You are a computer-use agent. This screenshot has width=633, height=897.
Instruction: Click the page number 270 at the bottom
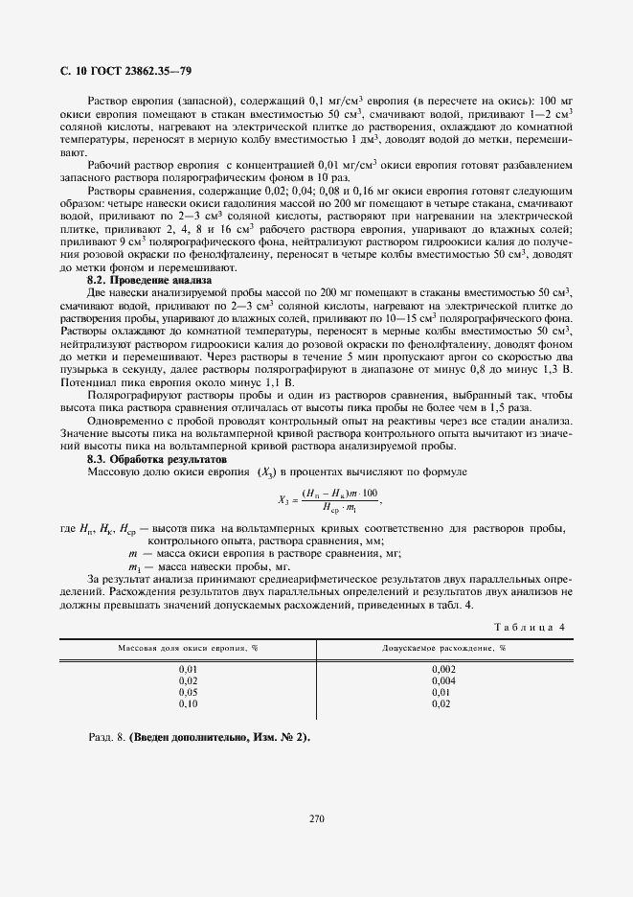point(317,818)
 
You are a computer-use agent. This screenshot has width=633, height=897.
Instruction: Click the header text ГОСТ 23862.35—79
point(129,71)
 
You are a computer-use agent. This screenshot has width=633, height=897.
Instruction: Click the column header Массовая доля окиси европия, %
point(188,649)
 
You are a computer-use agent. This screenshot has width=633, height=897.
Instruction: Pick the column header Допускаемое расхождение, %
point(443,649)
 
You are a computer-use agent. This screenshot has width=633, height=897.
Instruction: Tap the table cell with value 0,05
point(188,691)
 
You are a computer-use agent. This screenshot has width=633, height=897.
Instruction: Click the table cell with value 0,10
point(188,702)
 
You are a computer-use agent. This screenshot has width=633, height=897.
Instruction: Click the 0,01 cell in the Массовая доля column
point(188,668)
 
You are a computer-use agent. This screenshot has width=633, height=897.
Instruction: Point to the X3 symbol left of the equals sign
point(283,498)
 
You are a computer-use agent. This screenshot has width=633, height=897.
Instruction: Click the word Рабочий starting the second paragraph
point(106,164)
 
